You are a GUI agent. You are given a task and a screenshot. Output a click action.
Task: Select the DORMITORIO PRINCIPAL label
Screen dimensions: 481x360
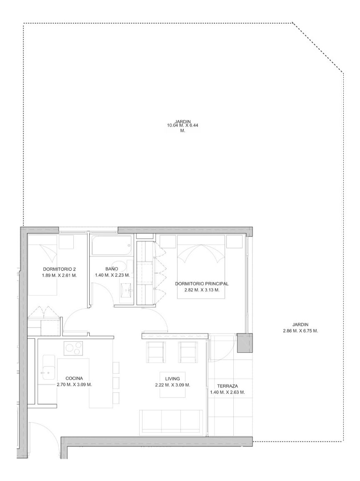click(202, 284)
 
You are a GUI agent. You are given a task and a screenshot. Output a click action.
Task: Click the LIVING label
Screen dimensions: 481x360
click(172, 379)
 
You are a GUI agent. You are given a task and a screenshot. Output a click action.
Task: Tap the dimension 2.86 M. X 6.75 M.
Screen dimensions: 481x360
click(300, 331)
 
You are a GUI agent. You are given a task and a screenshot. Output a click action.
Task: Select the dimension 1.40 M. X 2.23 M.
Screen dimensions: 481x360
click(111, 275)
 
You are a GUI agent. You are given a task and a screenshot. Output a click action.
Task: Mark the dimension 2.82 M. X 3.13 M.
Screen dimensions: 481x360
click(202, 290)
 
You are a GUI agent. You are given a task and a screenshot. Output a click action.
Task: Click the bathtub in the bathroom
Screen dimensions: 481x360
click(112, 246)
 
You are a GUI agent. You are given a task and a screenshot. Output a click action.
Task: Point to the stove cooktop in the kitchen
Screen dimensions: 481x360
click(73, 348)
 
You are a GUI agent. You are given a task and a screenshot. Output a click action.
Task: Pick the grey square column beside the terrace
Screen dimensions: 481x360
click(245, 342)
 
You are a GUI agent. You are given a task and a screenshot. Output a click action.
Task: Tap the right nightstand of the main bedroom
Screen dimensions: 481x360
click(235, 242)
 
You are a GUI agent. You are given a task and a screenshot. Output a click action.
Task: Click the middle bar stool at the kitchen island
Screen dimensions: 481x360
click(116, 382)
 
